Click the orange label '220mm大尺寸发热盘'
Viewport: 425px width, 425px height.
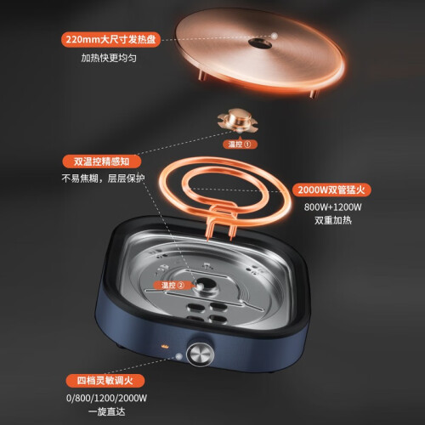point(110,39)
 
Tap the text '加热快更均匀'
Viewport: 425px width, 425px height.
point(109,58)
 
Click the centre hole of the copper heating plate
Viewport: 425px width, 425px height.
point(260,43)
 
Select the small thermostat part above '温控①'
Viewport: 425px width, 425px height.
point(238,121)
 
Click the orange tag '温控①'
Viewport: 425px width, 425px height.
point(240,144)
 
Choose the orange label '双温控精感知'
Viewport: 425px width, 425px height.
point(102,161)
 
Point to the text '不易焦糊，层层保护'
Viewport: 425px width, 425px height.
point(103,178)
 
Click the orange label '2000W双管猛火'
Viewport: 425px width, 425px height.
point(331,190)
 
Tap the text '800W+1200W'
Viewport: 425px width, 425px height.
point(332,207)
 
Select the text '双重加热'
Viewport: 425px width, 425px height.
point(333,220)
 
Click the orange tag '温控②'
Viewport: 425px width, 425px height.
point(173,285)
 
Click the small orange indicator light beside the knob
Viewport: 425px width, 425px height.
point(164,346)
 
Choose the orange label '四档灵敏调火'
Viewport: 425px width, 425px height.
point(105,381)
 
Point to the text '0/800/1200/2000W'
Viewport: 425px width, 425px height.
point(106,398)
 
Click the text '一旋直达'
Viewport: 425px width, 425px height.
point(106,411)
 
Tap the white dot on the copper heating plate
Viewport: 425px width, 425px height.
point(275,36)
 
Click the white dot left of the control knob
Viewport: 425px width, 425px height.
point(178,356)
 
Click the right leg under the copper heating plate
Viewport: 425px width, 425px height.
point(313,93)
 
